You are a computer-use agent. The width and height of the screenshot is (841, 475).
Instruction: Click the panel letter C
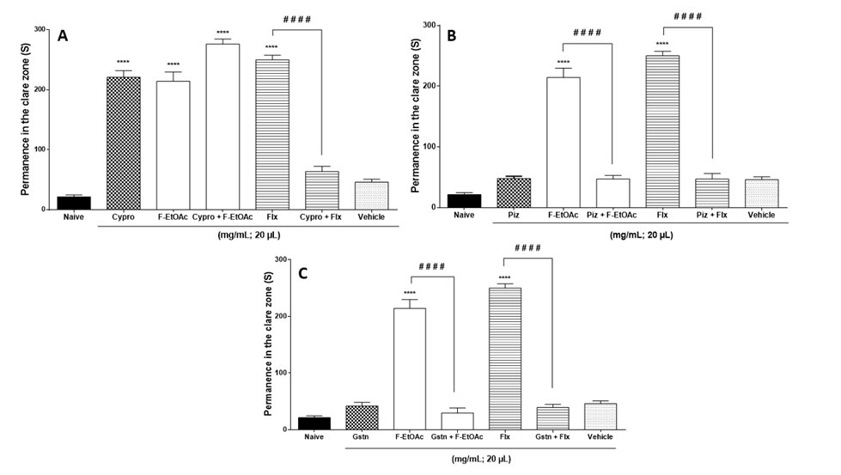pos(301,275)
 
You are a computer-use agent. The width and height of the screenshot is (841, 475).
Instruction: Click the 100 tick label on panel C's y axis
pos(271,372)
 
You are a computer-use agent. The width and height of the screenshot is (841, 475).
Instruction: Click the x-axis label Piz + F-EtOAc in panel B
pos(612,216)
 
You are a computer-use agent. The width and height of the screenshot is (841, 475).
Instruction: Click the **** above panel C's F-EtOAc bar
pos(409,293)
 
